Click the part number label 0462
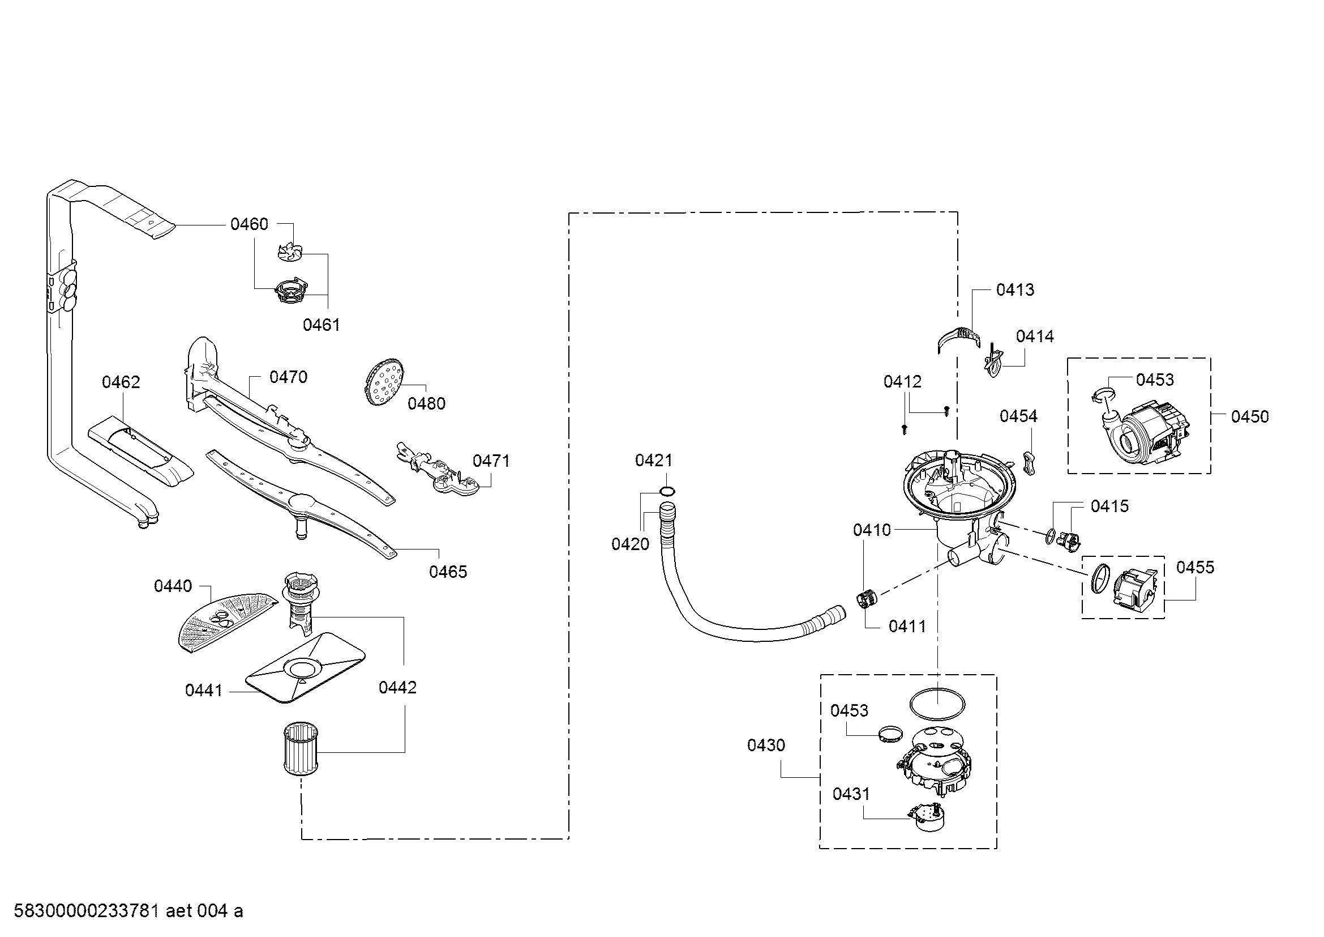pyautogui.click(x=121, y=382)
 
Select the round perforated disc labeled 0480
pyautogui.click(x=383, y=380)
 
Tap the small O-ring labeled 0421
pyautogui.click(x=667, y=491)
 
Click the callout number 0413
pyautogui.click(x=1015, y=289)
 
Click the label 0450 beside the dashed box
pyautogui.click(x=1250, y=416)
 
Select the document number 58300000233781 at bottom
pyautogui.click(x=86, y=910)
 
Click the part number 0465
pyautogui.click(x=448, y=572)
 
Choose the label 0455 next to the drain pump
pyautogui.click(x=1195, y=567)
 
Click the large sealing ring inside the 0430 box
pyautogui.click(x=937, y=704)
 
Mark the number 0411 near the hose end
pyautogui.click(x=907, y=626)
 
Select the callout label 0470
pyautogui.click(x=288, y=377)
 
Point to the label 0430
pyautogui.click(x=766, y=745)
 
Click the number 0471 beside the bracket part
pyautogui.click(x=491, y=461)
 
